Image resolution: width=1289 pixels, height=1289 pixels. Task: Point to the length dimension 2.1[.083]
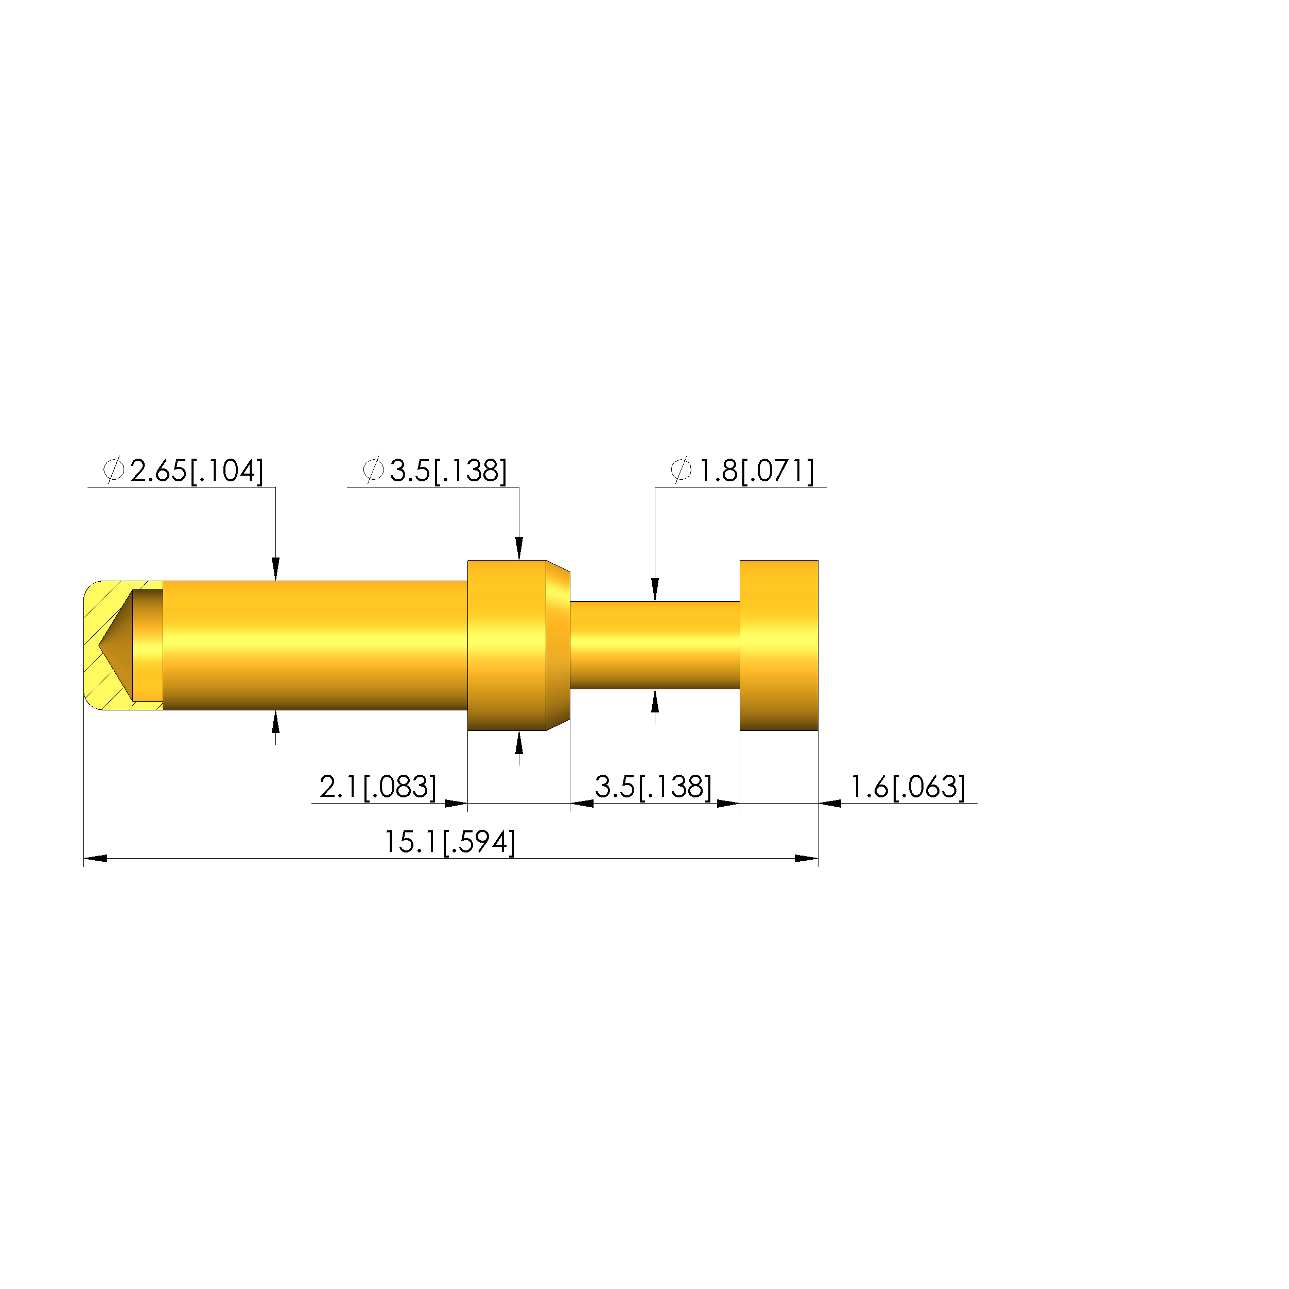378,787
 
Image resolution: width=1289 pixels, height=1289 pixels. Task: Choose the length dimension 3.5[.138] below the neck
653,787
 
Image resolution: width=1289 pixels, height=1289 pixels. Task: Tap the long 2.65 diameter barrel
315,645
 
